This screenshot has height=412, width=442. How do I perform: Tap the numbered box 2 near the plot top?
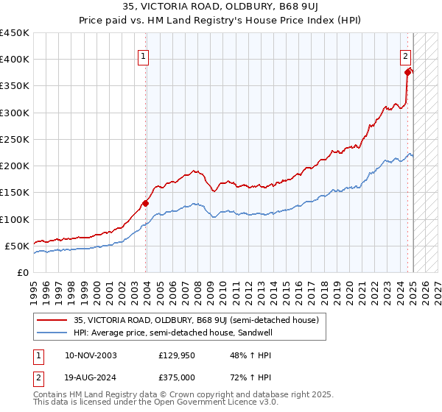coord(405,54)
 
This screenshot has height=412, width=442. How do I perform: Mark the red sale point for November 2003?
coord(146,203)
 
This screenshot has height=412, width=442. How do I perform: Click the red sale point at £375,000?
coord(407,72)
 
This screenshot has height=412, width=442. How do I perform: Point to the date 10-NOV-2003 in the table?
coord(91,355)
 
